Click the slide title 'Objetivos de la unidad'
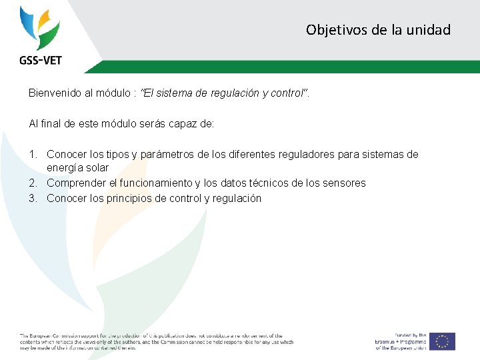tap(378, 30)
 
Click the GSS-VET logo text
tap(40, 60)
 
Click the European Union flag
tap(442, 341)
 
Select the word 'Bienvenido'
tap(55, 93)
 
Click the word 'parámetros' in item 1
tap(159, 155)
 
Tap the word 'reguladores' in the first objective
tap(297, 155)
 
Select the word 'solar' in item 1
tap(95, 167)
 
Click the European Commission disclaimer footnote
tap(156, 341)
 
